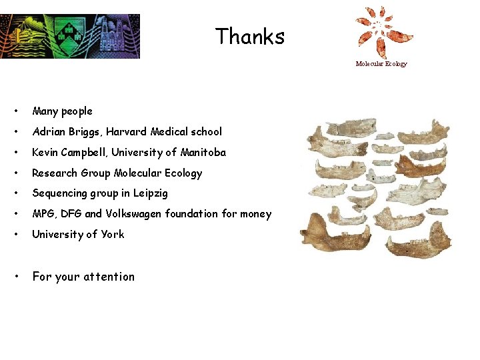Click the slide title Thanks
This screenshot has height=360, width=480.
[250, 36]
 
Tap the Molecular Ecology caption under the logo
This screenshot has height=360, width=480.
[381, 64]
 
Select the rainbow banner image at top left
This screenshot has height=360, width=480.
[70, 36]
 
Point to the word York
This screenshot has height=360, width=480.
[113, 235]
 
